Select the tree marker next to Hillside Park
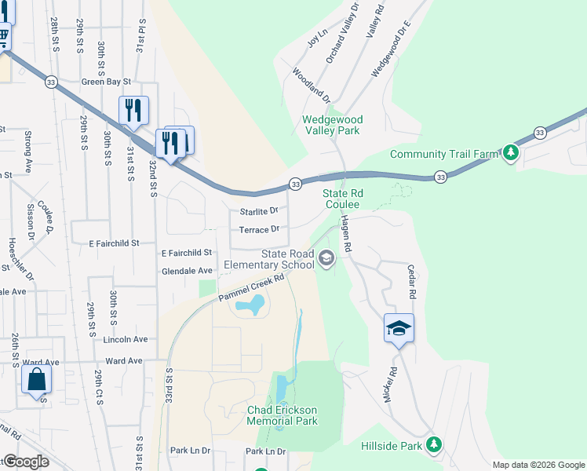pos(434,446)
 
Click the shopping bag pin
pos(37,381)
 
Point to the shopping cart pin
pos(2,36)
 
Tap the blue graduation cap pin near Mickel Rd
pos(399,329)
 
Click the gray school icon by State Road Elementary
pos(326,257)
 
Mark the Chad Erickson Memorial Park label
pos(282,415)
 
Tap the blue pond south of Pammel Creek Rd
pos(252,304)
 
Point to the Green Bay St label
pos(106,80)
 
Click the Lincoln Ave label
pos(125,339)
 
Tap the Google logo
pos(26,462)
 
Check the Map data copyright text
pos(538,465)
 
